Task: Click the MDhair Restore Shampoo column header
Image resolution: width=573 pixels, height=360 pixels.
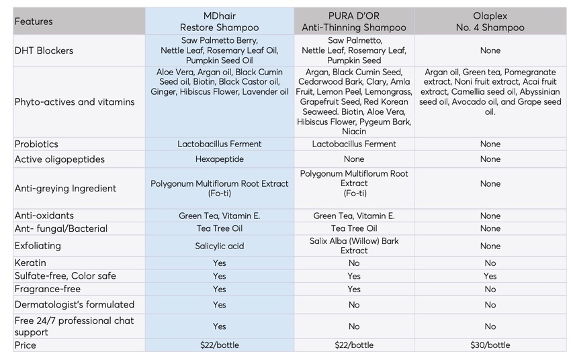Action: point(219,21)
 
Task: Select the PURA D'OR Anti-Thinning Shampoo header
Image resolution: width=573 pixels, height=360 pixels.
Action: point(354,21)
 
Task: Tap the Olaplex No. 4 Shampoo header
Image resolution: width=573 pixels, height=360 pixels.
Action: point(490,21)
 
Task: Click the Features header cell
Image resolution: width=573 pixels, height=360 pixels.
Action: point(34,21)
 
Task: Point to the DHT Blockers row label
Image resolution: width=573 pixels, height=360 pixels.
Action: point(44,50)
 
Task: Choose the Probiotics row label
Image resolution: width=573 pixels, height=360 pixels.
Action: point(36,144)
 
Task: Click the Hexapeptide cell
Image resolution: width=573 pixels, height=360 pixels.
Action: point(219,159)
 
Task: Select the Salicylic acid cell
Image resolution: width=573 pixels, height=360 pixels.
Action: point(219,246)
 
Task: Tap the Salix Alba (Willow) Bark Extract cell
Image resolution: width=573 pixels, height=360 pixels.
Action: point(354,246)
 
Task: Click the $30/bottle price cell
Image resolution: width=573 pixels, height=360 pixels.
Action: point(490,345)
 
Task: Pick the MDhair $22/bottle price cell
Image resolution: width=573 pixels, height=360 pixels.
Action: point(219,345)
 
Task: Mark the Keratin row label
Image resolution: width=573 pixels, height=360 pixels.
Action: point(30,263)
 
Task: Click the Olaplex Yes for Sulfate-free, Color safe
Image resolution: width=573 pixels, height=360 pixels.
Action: point(490,276)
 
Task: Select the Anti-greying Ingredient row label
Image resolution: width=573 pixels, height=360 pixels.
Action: point(65,189)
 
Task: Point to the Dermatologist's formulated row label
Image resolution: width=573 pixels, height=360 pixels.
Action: point(75,304)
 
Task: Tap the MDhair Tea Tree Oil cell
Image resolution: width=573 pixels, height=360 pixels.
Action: point(219,228)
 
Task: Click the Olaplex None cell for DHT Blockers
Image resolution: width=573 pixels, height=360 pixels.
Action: point(490,50)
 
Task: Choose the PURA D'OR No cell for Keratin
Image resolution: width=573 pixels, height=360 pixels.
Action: point(354,263)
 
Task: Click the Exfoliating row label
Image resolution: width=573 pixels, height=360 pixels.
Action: point(38,246)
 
